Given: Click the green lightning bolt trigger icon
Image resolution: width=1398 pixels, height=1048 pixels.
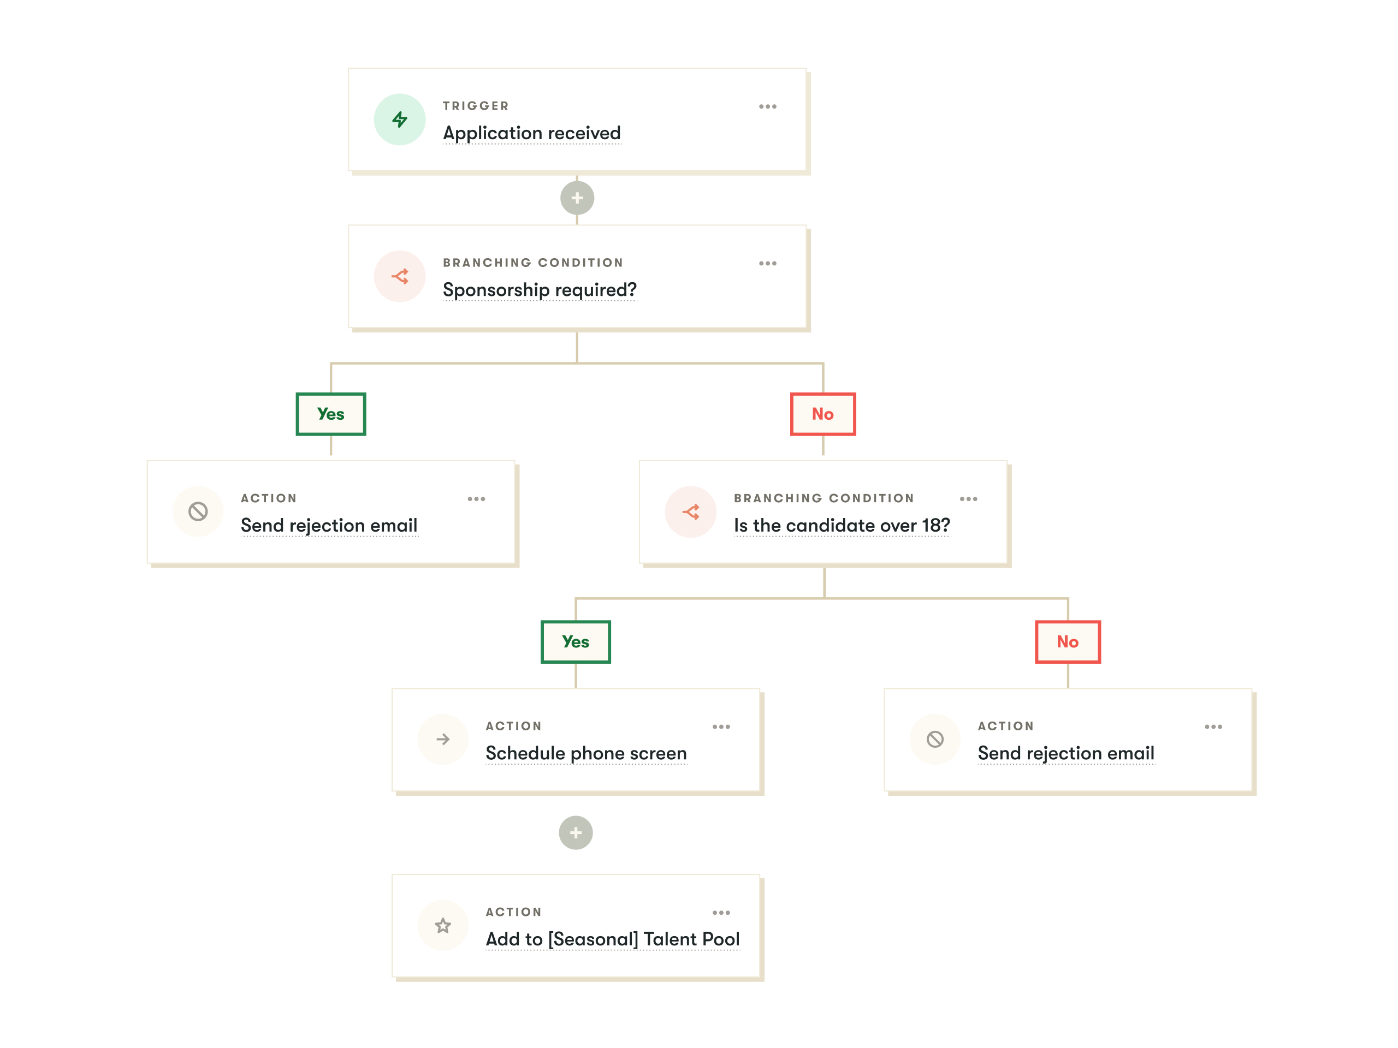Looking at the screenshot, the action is [x=399, y=120].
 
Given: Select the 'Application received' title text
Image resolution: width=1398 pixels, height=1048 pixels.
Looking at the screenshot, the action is [x=531, y=133].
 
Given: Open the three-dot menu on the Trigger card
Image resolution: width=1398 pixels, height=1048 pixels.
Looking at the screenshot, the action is [x=767, y=106].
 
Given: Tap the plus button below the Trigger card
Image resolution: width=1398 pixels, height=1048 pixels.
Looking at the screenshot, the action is [x=577, y=198].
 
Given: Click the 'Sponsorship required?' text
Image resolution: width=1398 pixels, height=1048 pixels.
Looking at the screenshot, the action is [x=540, y=290].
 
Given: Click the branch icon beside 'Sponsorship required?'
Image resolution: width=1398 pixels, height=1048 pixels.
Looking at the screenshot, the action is [x=399, y=276].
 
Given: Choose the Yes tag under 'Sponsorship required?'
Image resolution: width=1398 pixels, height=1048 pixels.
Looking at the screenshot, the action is [x=331, y=414].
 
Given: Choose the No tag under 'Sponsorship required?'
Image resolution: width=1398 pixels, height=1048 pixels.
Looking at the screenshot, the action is [x=823, y=414].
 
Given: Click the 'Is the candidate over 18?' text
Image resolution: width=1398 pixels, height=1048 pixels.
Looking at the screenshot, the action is [x=842, y=526].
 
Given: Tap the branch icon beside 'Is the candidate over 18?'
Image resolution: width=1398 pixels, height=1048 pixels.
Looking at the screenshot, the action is [x=691, y=511].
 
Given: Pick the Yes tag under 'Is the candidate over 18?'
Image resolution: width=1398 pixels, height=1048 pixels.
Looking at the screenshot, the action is [x=576, y=642].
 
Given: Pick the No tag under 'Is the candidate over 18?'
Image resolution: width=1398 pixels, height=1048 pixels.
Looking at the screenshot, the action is [x=1068, y=642].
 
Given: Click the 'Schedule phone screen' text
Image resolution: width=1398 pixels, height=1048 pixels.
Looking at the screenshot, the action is [x=586, y=754].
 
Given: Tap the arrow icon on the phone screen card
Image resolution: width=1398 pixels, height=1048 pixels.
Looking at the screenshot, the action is [x=443, y=739].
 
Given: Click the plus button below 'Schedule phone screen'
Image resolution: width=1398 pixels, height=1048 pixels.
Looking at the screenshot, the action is [x=576, y=832].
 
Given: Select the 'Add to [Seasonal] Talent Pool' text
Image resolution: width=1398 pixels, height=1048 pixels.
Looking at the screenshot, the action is [x=612, y=939].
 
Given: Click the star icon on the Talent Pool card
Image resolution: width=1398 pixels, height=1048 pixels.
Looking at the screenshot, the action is [x=443, y=925].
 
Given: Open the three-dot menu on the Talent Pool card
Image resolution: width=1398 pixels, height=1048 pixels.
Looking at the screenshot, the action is [x=721, y=912].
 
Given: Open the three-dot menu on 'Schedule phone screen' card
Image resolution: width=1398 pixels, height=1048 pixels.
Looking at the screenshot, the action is [x=721, y=727].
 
